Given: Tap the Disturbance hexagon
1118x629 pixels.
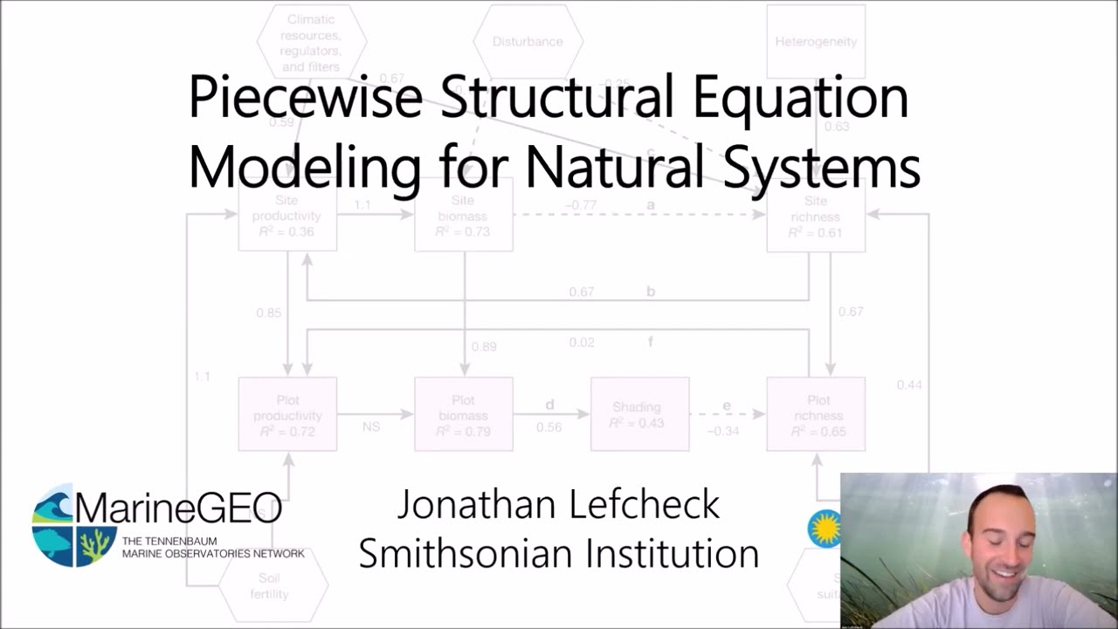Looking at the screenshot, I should [528, 41].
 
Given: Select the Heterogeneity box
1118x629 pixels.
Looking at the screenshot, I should [816, 41].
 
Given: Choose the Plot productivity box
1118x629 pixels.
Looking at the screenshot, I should [287, 414].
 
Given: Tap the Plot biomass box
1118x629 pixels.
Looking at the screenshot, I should [464, 414].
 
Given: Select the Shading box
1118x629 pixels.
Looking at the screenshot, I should [639, 414].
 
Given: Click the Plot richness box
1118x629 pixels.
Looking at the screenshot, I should [816, 414].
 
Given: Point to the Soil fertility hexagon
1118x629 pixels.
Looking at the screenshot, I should [273, 586].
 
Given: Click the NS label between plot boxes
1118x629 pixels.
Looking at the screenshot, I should [371, 426].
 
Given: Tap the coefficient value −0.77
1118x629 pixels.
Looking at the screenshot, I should [580, 204].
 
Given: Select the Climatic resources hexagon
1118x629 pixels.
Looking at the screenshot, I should [312, 41].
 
